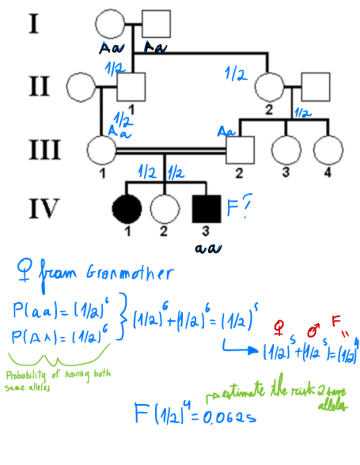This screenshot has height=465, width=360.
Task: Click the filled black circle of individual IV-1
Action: pyautogui.click(x=127, y=208)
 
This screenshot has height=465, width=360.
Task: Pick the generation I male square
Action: pyautogui.click(x=156, y=24)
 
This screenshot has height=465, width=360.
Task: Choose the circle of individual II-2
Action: pyautogui.click(x=269, y=86)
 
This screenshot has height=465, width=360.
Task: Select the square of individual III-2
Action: pyautogui.click(x=240, y=149)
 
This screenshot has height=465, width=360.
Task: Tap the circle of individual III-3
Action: pyautogui.click(x=285, y=149)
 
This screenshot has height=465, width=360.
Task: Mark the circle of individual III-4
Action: pyautogui.click(x=328, y=149)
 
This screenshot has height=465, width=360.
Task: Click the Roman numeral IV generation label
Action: pyautogui.click(x=43, y=208)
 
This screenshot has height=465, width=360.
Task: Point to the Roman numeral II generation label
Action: pyautogui.click(x=38, y=87)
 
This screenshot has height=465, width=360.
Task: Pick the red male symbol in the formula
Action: pyautogui.click(x=313, y=331)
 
